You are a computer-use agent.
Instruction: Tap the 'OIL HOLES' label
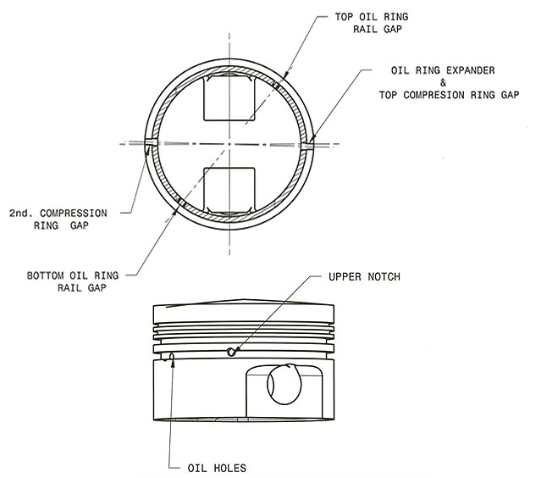pos(218,467)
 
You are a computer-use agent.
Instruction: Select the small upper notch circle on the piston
pos(232,352)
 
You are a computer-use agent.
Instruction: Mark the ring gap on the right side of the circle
pos(306,146)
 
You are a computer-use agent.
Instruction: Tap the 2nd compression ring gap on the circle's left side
pos(151,145)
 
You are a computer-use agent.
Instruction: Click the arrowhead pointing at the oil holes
pos(172,357)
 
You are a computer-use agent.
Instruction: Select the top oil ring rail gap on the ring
pos(279,83)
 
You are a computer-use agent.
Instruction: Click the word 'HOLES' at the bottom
pos(232,467)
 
